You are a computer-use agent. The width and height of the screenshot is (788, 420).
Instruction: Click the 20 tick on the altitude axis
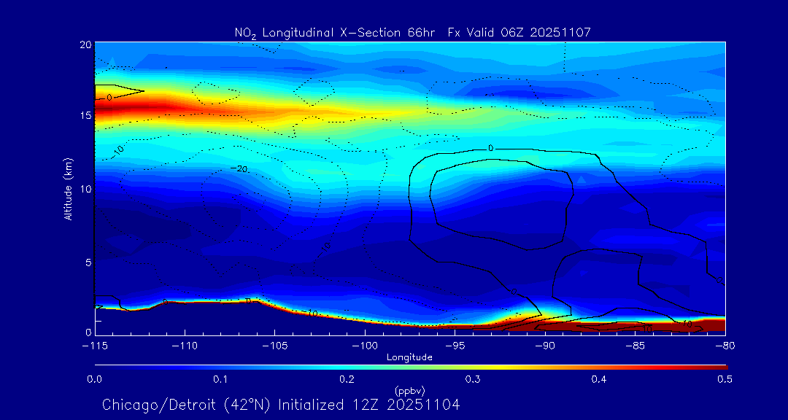point(84,44)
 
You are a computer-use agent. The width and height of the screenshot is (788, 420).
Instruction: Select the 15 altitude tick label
point(84,117)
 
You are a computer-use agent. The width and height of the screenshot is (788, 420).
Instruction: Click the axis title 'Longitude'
point(409,357)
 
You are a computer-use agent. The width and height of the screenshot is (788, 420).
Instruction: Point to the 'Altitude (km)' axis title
point(67,188)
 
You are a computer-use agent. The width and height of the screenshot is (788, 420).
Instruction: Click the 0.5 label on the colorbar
point(725,379)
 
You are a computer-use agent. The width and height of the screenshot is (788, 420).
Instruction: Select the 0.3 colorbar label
point(473,379)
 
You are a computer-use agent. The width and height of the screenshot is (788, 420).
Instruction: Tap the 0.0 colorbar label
point(95,379)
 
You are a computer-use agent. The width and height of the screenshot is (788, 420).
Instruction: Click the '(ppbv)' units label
point(409,390)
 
